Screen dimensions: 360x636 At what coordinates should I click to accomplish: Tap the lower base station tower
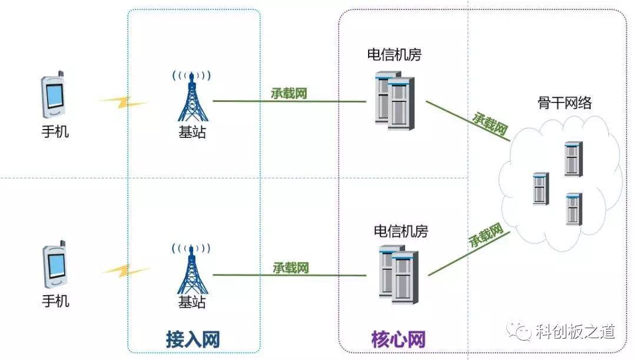tap(191, 269)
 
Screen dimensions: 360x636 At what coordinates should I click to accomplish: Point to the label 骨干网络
tap(564, 104)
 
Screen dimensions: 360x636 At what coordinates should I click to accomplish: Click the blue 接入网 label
tap(193, 339)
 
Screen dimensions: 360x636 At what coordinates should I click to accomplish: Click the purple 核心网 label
tap(398, 339)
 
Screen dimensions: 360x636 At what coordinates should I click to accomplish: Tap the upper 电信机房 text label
tap(394, 55)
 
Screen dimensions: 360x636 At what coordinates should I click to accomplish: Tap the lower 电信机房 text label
tap(401, 230)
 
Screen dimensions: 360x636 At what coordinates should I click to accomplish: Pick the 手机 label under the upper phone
tap(55, 131)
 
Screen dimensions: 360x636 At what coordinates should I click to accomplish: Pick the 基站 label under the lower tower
tap(192, 302)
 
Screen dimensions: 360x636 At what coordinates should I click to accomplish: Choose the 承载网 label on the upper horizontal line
tap(289, 93)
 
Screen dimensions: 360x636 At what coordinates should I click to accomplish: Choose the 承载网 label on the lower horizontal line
tap(290, 267)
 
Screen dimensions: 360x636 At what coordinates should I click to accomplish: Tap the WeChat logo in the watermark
tap(521, 332)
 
